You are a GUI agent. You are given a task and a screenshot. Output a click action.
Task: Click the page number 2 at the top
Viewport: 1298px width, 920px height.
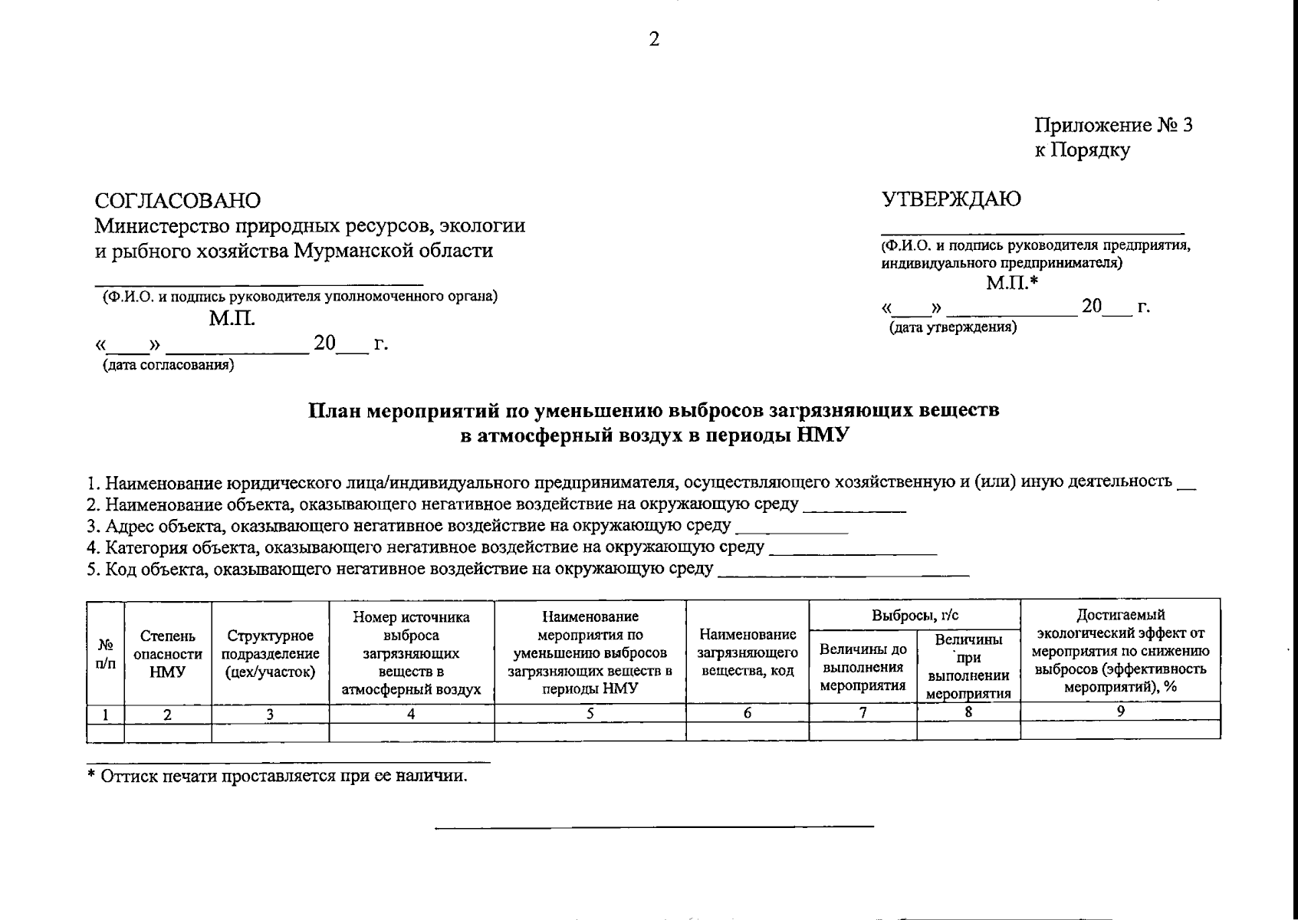point(653,40)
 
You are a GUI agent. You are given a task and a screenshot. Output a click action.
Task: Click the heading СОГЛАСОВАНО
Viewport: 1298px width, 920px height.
point(178,200)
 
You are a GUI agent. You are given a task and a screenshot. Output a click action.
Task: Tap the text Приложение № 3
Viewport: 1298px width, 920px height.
point(1113,126)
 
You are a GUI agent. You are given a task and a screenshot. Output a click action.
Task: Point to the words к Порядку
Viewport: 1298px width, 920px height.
point(1082,150)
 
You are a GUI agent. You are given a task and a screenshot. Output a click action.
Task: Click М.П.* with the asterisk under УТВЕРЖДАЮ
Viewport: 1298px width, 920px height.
point(1011,284)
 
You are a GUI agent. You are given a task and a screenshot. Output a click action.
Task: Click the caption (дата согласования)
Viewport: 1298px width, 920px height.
point(169,365)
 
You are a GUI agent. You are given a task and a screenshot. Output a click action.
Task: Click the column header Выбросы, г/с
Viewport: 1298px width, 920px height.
point(915,615)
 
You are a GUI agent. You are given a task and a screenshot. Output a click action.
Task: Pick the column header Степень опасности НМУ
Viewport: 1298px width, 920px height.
point(167,653)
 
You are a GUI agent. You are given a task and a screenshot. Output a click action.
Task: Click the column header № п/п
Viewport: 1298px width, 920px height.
point(105,653)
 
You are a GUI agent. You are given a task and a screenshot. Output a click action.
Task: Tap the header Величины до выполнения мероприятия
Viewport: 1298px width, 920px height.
point(863,667)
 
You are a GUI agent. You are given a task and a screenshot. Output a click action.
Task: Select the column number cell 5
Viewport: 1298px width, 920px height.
point(590,713)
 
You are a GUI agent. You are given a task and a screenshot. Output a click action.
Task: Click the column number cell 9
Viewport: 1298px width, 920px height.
point(1120,711)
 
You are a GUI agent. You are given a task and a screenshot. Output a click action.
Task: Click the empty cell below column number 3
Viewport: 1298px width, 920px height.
point(270,732)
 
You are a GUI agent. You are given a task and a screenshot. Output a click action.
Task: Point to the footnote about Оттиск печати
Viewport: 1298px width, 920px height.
point(277,776)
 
